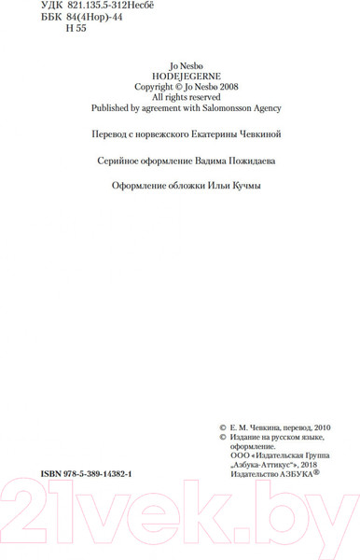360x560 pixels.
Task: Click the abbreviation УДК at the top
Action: [x=54, y=7]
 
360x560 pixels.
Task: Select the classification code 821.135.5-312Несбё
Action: [x=116, y=7]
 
